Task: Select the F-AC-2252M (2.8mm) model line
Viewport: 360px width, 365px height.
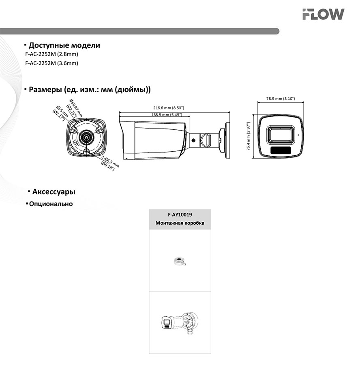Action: coord(51,54)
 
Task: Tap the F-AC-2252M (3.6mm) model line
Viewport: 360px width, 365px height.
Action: coord(51,63)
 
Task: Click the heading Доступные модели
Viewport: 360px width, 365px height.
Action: coord(64,45)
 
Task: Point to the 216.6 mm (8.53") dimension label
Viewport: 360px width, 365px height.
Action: coord(169,108)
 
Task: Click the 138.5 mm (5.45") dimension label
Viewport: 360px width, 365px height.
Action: coord(166,115)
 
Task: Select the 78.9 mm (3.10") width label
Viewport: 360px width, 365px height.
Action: coord(280,99)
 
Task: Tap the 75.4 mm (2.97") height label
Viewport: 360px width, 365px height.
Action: coord(249,137)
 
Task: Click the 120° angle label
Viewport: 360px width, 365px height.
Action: coord(75,144)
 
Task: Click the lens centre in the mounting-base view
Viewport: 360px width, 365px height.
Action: coord(86,137)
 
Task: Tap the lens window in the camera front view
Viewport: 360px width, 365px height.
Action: coord(280,134)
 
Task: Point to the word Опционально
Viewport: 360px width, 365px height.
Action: coord(51,204)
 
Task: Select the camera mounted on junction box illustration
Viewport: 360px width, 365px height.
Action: coord(179,323)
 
